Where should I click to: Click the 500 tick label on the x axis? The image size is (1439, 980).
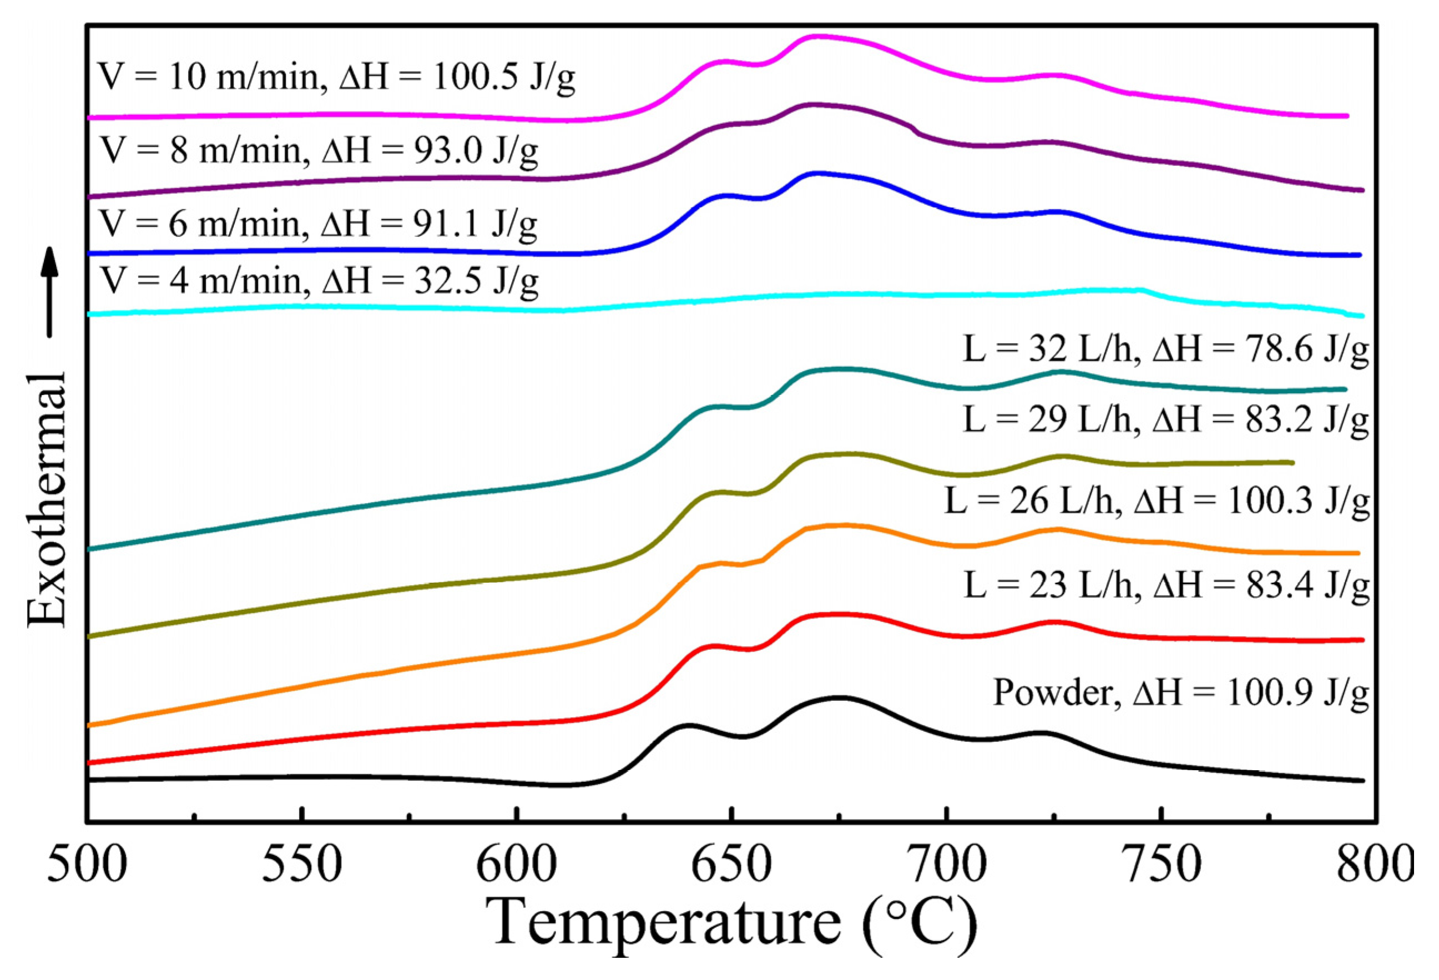click(x=87, y=864)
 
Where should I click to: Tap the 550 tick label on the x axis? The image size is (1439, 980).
click(x=301, y=864)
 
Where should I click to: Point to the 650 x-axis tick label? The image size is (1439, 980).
click(x=731, y=864)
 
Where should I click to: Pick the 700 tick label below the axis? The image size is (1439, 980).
click(x=946, y=864)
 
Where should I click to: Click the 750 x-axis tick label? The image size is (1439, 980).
click(x=1161, y=864)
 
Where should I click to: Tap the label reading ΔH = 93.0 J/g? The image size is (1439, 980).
click(x=430, y=150)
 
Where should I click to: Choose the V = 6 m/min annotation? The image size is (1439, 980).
click(x=318, y=223)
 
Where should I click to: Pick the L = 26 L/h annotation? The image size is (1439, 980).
click(x=1157, y=501)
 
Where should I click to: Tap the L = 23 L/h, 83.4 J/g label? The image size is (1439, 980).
click(x=1166, y=584)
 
